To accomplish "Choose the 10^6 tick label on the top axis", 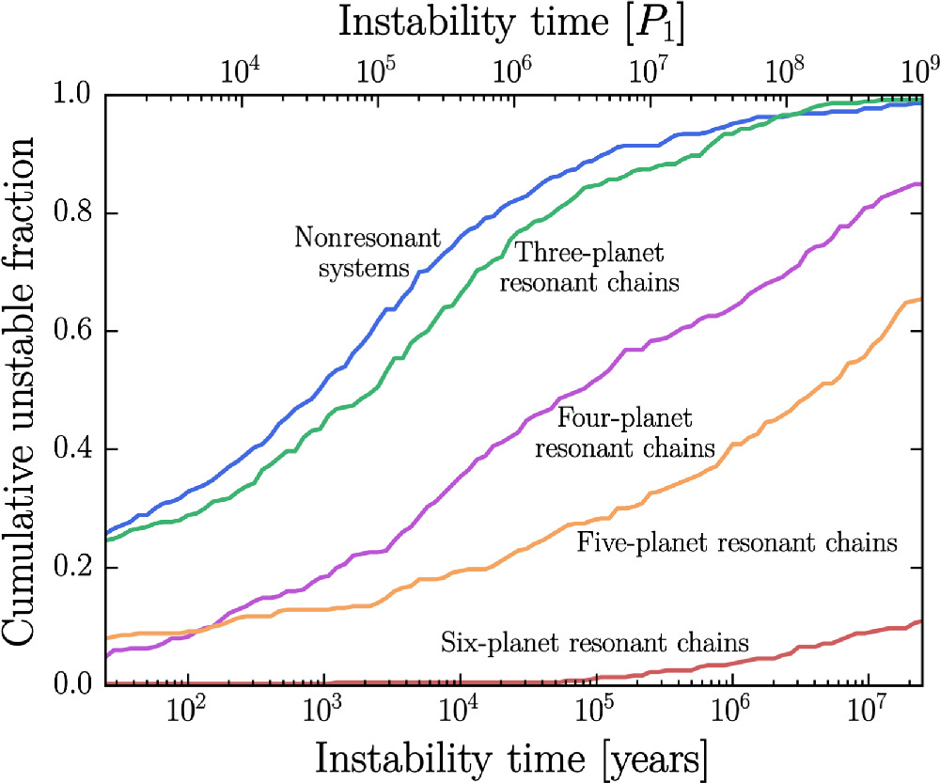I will [513, 70].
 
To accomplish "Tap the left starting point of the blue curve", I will [106, 533].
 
